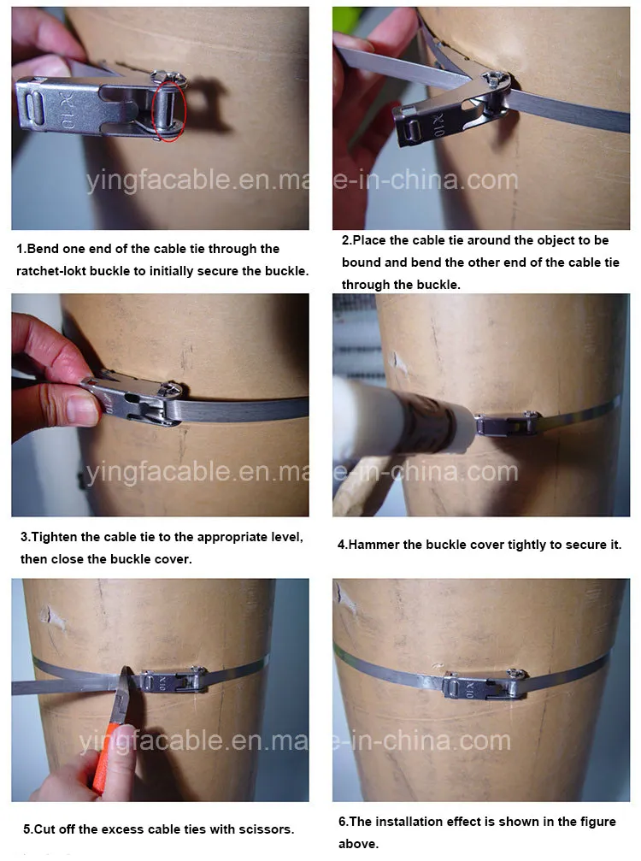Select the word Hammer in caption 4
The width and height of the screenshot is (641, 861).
pyautogui.click(x=375, y=545)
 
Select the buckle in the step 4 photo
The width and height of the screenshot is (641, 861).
pyautogui.click(x=507, y=423)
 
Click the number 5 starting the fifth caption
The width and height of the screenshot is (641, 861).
pyautogui.click(x=26, y=829)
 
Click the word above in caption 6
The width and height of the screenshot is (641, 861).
pyautogui.click(x=357, y=844)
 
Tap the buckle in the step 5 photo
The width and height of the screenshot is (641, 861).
pyautogui.click(x=173, y=681)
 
